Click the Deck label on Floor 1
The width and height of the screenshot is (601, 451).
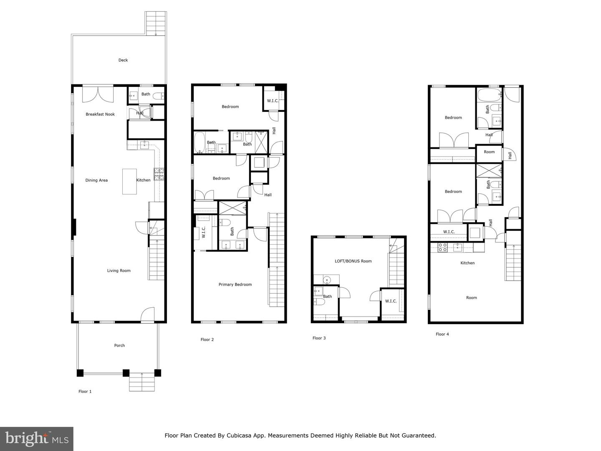tap(123, 60)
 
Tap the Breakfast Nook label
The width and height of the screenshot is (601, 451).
tap(100, 114)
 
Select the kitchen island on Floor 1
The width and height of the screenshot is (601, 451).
tap(129, 181)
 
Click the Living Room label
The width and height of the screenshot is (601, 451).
tap(119, 271)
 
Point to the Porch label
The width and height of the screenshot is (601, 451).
tap(119, 345)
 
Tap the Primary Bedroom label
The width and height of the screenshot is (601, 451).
tap(235, 285)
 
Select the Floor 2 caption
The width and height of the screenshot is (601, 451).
tap(207, 340)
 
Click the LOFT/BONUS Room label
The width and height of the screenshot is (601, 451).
tap(353, 261)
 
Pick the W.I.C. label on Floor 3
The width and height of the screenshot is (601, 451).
tap(391, 301)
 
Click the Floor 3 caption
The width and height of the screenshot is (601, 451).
tap(319, 338)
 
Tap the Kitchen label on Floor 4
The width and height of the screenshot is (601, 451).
tap(467, 263)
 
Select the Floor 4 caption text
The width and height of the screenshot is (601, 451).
tap(442, 334)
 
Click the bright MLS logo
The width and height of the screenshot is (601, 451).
tap(37, 438)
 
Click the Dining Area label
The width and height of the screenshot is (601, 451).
tap(96, 180)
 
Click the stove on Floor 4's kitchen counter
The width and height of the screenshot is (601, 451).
tap(442, 248)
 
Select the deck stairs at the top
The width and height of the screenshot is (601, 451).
tap(155, 23)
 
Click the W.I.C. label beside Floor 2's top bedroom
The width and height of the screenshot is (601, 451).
tap(273, 101)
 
